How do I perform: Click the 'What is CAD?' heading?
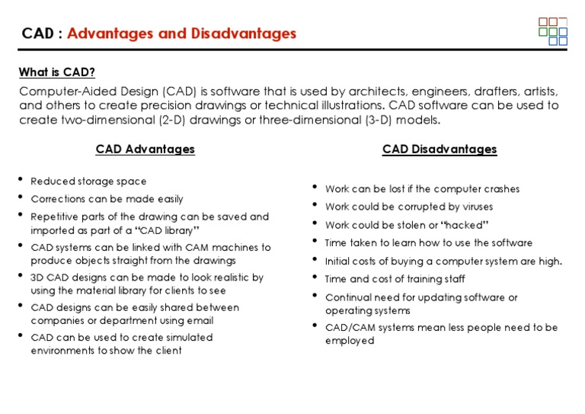point(57,72)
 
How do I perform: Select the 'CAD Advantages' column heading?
point(145,149)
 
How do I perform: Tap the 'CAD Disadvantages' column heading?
point(440,149)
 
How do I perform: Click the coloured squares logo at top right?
point(553,31)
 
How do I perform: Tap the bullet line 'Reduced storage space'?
point(88,181)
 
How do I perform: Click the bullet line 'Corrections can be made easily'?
point(107,199)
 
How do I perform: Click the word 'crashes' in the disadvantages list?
point(499,189)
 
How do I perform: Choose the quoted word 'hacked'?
point(464,225)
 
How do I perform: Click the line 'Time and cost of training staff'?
point(395,279)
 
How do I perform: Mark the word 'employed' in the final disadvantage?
point(350,341)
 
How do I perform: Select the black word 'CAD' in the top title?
point(37,34)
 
